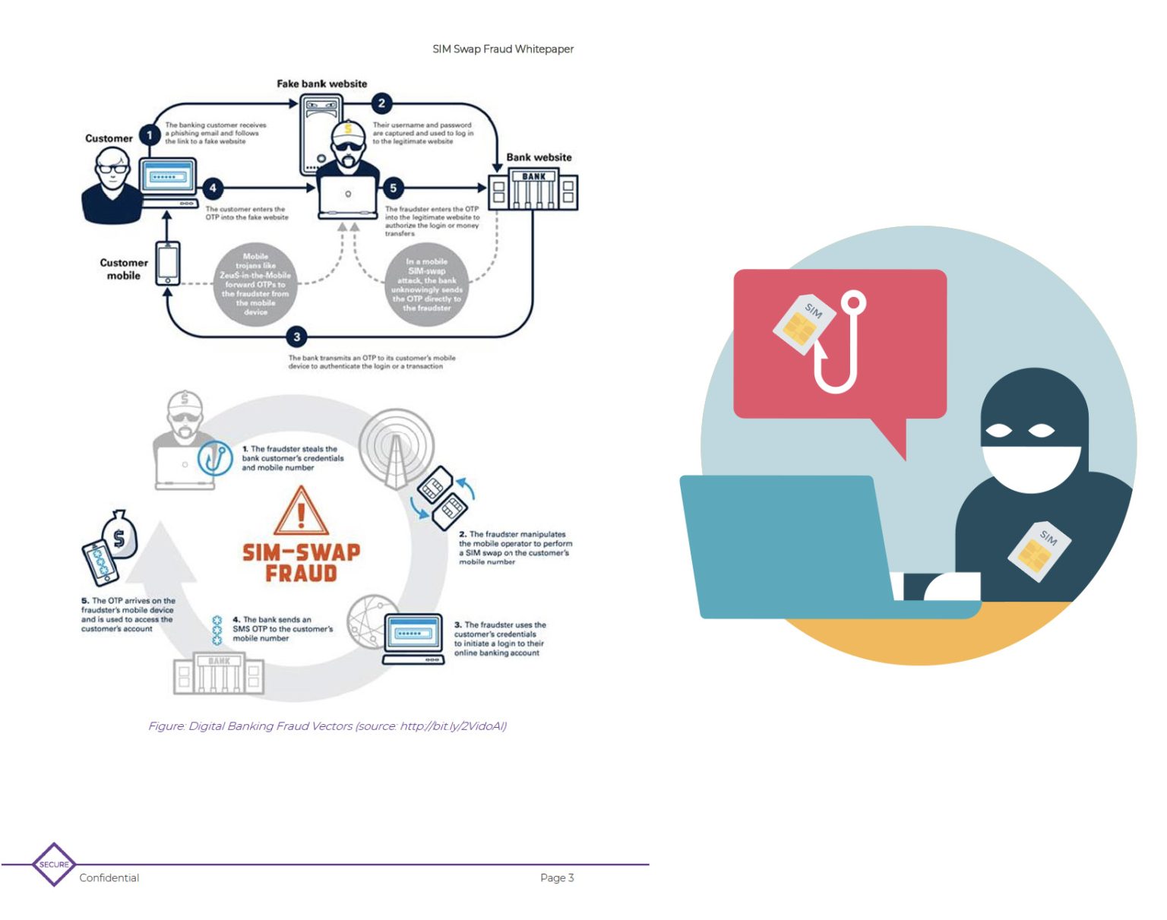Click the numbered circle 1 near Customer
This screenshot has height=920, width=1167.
tap(150, 135)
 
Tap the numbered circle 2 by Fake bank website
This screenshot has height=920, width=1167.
tap(381, 103)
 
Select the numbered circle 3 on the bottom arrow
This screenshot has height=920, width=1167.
tap(297, 337)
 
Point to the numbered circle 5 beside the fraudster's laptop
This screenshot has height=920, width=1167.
tap(393, 188)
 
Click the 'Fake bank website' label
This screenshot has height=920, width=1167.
tap(321, 84)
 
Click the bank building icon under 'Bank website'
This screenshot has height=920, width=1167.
tap(533, 190)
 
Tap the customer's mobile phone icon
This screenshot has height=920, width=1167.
tap(168, 263)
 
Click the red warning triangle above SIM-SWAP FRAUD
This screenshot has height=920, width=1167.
tap(301, 511)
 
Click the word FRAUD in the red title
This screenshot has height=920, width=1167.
tap(301, 573)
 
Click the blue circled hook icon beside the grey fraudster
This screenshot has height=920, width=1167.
tap(215, 458)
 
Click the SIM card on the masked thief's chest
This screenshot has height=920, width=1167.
tap(1039, 550)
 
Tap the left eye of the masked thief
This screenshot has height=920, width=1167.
tap(998, 431)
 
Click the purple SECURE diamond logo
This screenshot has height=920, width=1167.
tap(54, 864)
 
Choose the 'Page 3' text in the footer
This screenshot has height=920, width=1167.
tap(557, 877)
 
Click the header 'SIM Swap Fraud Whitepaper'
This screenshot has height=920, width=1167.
tap(503, 49)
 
